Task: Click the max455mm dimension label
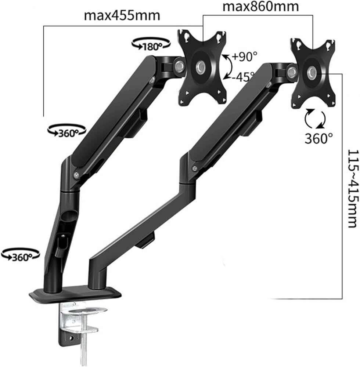(122, 16)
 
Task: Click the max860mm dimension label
(261, 7)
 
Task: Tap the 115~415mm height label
(353, 189)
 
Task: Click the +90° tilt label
(245, 56)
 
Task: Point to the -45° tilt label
(243, 77)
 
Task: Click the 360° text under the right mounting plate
(318, 139)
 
